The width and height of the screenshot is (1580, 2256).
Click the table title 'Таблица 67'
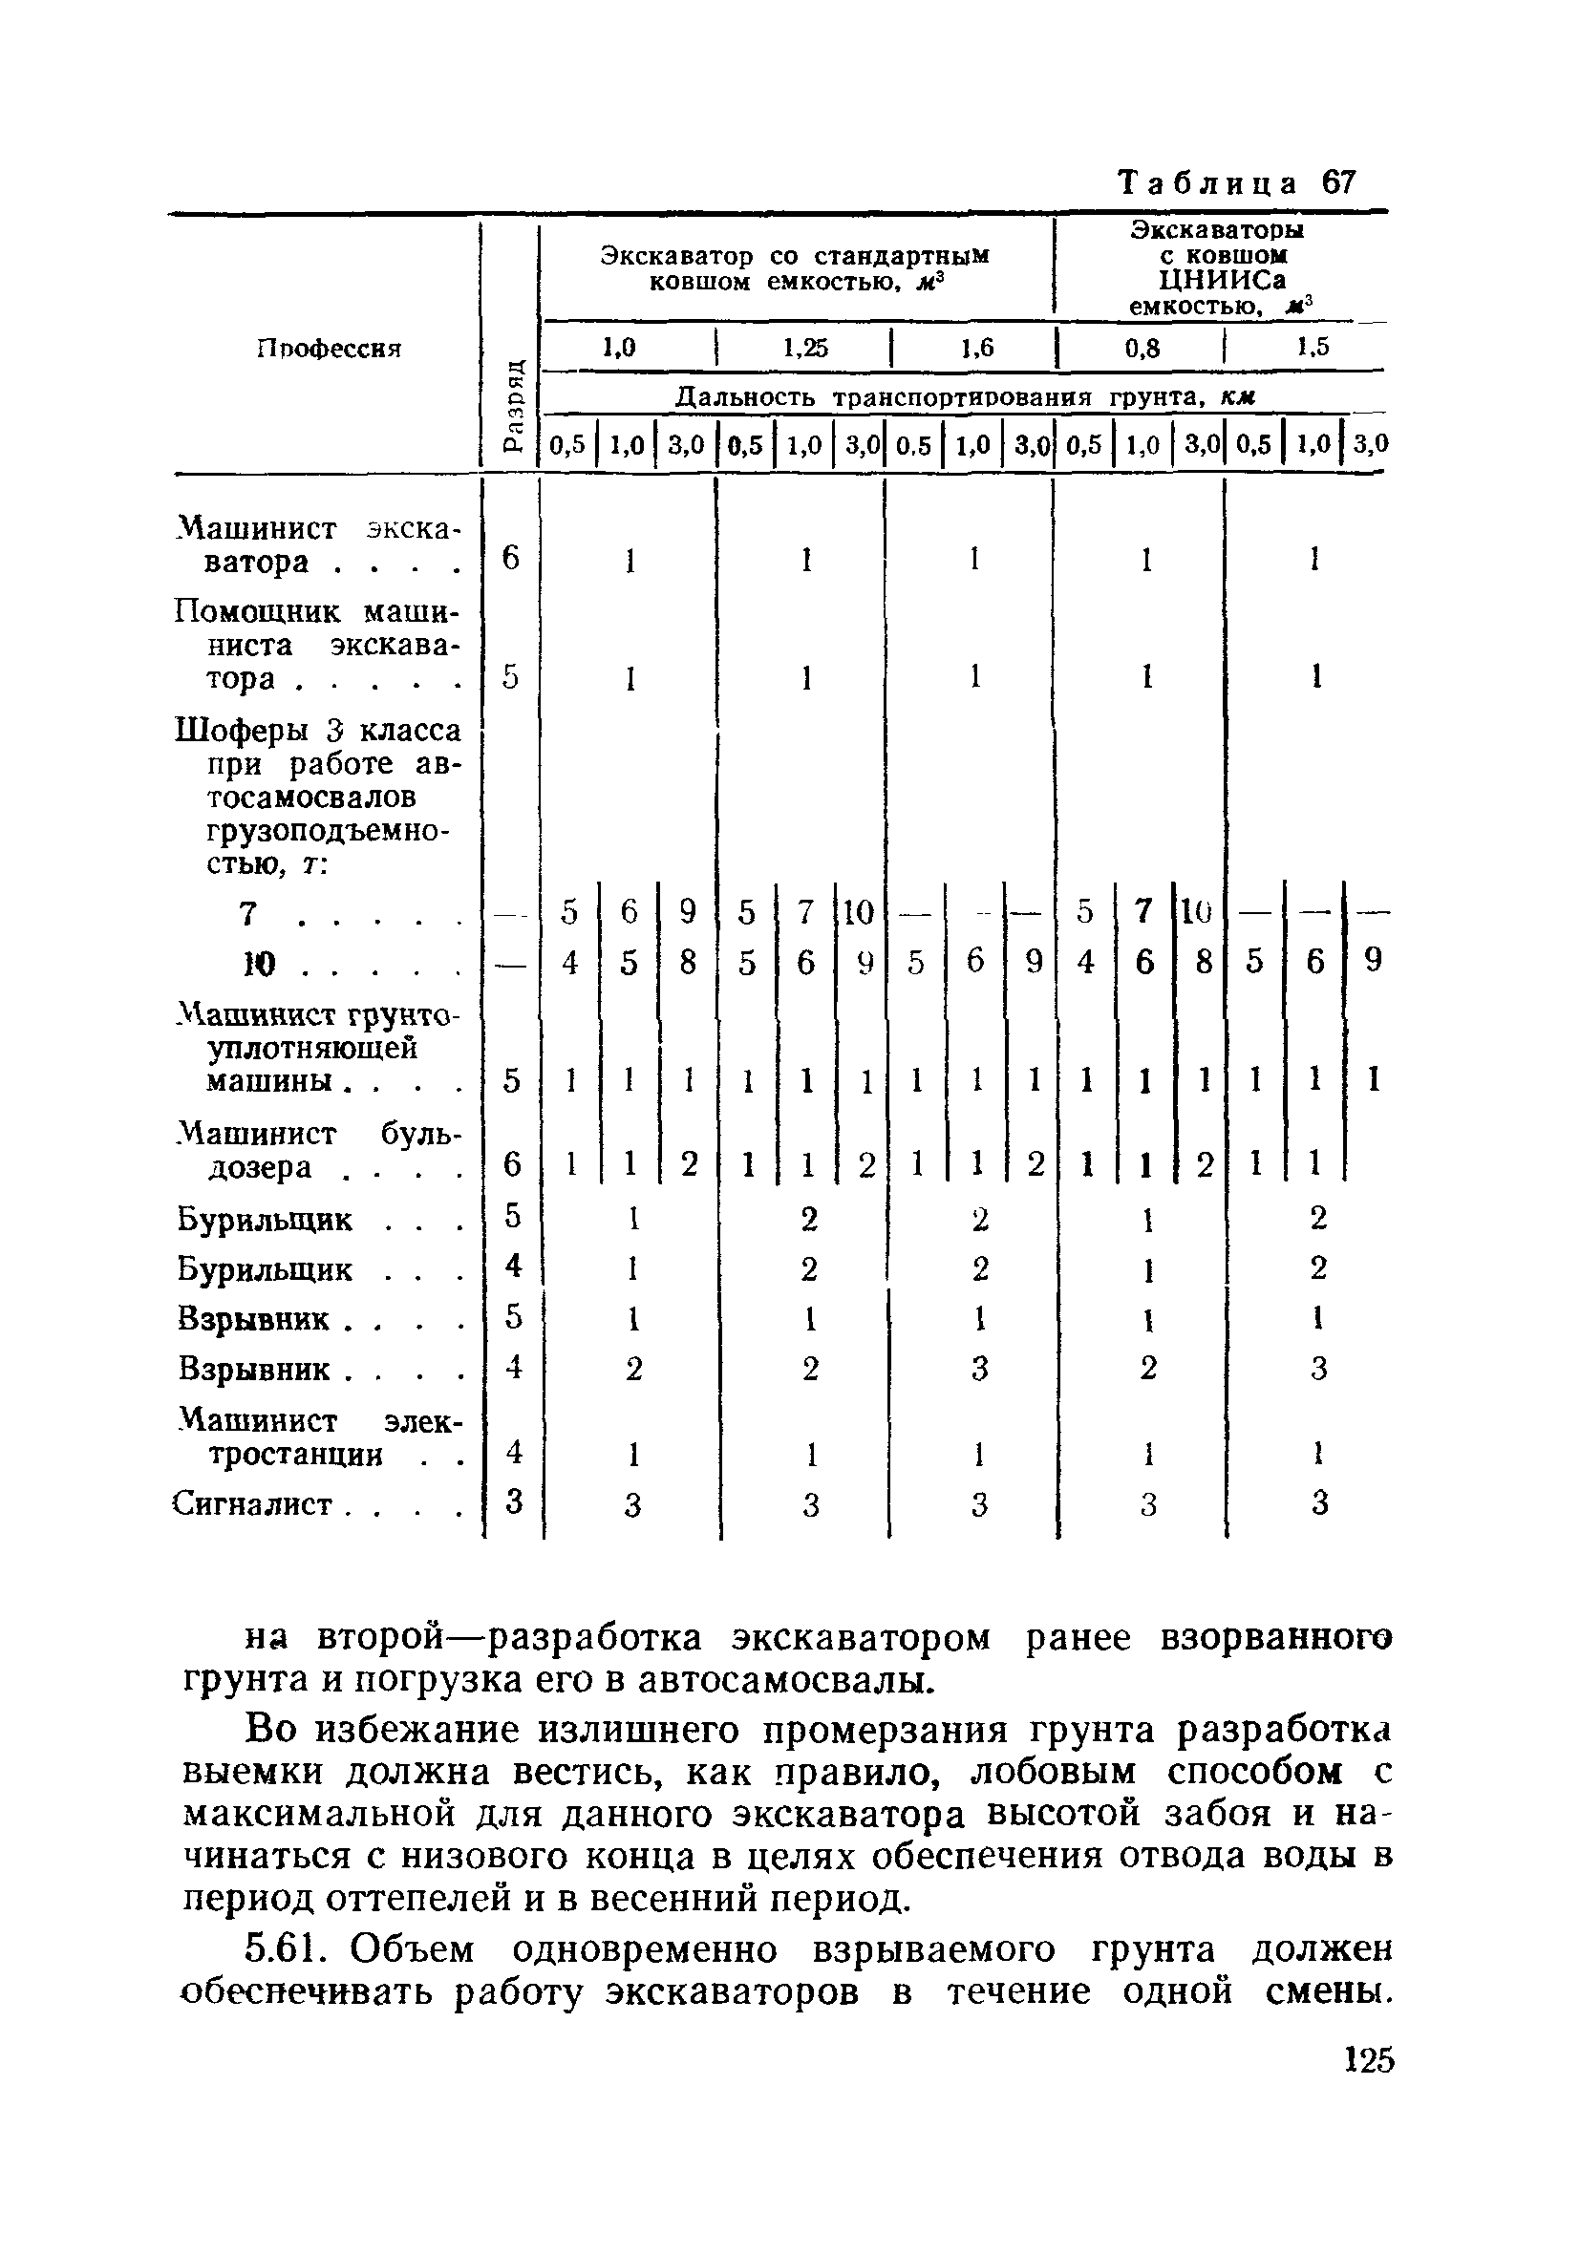pyautogui.click(x=1238, y=182)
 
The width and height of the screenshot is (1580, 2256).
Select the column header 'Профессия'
pyautogui.click(x=330, y=348)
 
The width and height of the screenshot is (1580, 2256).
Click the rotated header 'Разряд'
pyautogui.click(x=512, y=405)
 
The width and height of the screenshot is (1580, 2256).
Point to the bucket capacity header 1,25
pyautogui.click(x=804, y=348)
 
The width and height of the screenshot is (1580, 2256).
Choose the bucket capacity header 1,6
pyautogui.click(x=976, y=348)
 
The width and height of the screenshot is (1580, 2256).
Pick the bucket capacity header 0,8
pyautogui.click(x=1142, y=348)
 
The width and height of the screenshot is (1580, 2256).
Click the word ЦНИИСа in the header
pyautogui.click(x=1222, y=280)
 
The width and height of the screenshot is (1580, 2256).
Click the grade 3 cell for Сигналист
pyautogui.click(x=512, y=1501)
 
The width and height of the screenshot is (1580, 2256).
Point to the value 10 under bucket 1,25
pyautogui.click(x=858, y=913)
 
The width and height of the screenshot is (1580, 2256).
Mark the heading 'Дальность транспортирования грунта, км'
pyautogui.click(x=967, y=397)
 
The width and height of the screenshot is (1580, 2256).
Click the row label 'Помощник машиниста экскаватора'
pyautogui.click(x=317, y=646)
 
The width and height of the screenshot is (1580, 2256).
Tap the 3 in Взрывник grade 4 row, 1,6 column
pyautogui.click(x=977, y=1368)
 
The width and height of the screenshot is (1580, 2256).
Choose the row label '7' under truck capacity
pyautogui.click(x=248, y=914)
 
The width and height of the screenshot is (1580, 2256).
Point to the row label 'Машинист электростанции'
pyautogui.click(x=317, y=1437)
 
